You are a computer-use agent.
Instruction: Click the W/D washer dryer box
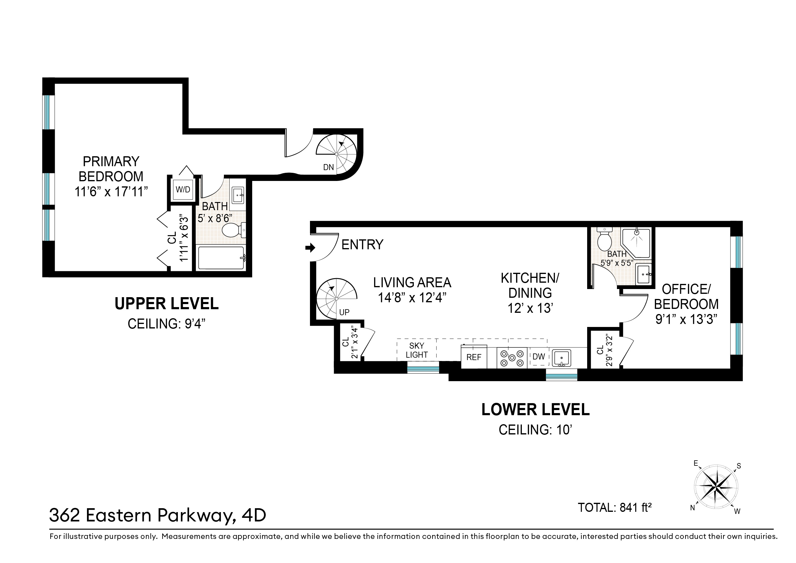click(x=183, y=189)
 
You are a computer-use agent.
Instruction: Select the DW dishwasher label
click(x=538, y=356)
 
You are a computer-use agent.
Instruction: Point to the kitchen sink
click(x=561, y=358)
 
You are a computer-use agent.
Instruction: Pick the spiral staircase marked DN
click(x=336, y=154)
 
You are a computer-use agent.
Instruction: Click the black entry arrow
click(x=310, y=248)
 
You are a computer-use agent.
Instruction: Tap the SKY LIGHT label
click(x=417, y=350)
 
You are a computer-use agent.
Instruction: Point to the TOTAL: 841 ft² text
click(x=615, y=508)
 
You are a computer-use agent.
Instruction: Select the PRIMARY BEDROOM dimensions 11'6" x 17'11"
click(x=111, y=191)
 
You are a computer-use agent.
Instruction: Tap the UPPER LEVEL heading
click(x=166, y=304)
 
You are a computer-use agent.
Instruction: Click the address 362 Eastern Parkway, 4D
click(x=158, y=515)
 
